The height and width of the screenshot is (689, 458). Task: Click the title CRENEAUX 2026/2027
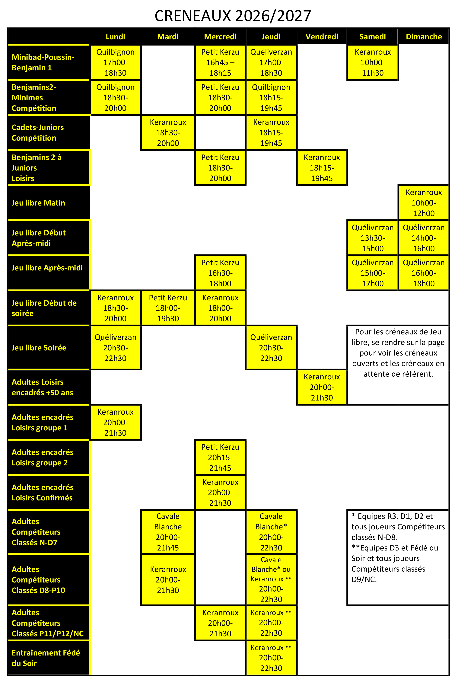pyautogui.click(x=233, y=16)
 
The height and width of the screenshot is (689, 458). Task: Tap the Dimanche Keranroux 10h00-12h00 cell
pyautogui.click(x=424, y=203)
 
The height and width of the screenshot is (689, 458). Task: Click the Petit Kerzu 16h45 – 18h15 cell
pyautogui.click(x=220, y=62)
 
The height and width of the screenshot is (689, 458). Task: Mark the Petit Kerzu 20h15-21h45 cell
pyautogui.click(x=220, y=457)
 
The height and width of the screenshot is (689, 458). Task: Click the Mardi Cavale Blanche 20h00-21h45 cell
pyautogui.click(x=168, y=532)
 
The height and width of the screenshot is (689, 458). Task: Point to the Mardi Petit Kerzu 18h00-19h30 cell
pyautogui.click(x=168, y=308)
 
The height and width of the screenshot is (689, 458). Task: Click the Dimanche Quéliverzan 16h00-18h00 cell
pyautogui.click(x=424, y=273)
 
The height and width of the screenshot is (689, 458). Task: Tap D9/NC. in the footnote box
pyautogui.click(x=364, y=579)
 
